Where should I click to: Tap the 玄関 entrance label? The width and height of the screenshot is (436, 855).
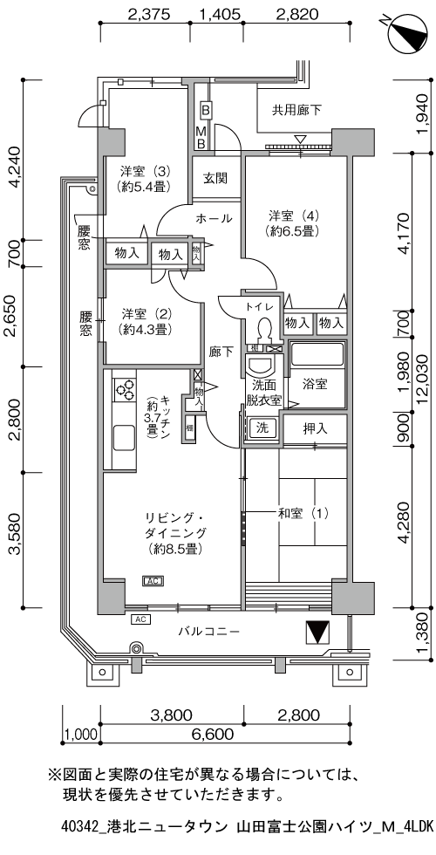[x=215, y=179]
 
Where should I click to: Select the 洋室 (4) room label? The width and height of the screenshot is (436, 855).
[x=292, y=223]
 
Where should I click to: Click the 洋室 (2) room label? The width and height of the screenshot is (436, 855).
[x=145, y=321]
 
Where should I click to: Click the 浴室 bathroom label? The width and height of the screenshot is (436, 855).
[x=315, y=383]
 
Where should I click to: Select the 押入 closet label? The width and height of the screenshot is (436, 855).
[x=315, y=428]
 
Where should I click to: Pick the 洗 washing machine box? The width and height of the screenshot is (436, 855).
[x=261, y=427]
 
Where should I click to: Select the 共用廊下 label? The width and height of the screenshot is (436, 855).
[x=296, y=110]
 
